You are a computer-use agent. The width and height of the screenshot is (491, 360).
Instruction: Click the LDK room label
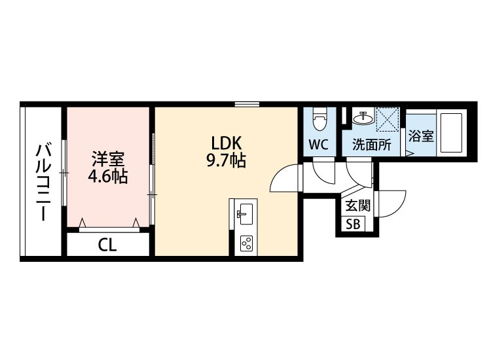(x=227, y=144)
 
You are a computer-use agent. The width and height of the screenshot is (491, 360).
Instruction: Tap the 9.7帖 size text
(x=226, y=160)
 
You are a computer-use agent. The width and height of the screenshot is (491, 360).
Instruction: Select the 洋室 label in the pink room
(x=108, y=159)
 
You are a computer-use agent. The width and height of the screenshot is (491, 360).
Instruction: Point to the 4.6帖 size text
(x=108, y=177)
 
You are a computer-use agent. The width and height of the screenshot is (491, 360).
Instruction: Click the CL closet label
(x=107, y=245)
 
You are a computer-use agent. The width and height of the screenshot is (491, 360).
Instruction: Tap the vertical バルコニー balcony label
(x=43, y=182)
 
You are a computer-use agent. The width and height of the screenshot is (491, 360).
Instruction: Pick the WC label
(x=319, y=145)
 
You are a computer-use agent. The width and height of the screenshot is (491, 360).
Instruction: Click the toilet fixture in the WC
(x=320, y=119)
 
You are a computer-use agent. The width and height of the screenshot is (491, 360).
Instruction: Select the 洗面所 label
(x=372, y=145)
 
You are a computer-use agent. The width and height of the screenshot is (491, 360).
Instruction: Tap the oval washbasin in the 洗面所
(x=363, y=118)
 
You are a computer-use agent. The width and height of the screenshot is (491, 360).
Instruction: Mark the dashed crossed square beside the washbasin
(x=388, y=119)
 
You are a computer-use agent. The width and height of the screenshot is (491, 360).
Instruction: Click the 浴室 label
(x=421, y=137)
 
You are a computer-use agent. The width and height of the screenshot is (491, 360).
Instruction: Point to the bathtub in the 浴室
(x=451, y=133)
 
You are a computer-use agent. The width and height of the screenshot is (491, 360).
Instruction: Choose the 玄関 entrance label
(x=357, y=206)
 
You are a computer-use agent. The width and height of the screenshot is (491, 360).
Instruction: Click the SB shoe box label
(x=353, y=224)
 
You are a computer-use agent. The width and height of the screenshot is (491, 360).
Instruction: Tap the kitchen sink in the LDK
(x=245, y=214)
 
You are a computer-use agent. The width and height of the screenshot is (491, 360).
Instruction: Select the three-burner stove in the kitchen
(x=245, y=243)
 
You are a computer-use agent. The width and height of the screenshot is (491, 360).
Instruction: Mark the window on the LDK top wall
(x=247, y=104)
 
